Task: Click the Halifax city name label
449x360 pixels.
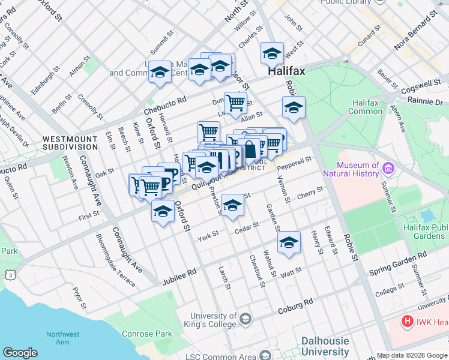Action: pos(286,71)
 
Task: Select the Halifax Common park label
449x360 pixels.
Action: pos(364,107)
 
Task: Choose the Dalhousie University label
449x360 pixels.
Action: pos(325,346)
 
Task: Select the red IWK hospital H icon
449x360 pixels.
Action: pos(408,322)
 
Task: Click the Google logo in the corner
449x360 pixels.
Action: pos(20,353)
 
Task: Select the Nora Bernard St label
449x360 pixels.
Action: pos(414,33)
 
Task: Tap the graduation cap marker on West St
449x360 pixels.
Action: pos(272,54)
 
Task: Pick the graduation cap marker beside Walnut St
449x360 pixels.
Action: pos(289,243)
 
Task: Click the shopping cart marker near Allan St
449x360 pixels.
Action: pos(235,102)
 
